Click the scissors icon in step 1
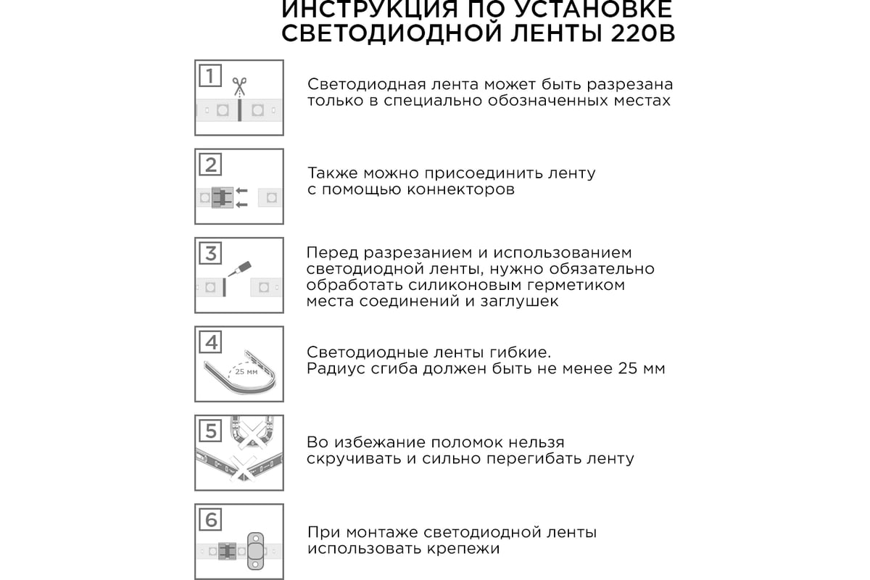pos(239,86)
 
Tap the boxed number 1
pos(210,75)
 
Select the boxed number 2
pos(210,165)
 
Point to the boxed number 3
pos(210,253)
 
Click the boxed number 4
pos(210,342)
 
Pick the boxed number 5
pos(210,431)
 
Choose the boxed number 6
pos(210,519)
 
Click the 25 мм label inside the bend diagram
pos(246,372)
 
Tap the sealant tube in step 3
pos(240,269)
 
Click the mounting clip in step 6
pos(255,551)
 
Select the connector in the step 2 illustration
pos(222,197)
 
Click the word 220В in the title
pos(643,33)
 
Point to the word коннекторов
pos(460,189)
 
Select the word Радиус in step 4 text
pos(336,368)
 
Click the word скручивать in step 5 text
pos(355,458)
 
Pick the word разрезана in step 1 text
pos(629,85)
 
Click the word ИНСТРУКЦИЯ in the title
pos(369,9)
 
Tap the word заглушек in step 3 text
pos(519,302)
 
